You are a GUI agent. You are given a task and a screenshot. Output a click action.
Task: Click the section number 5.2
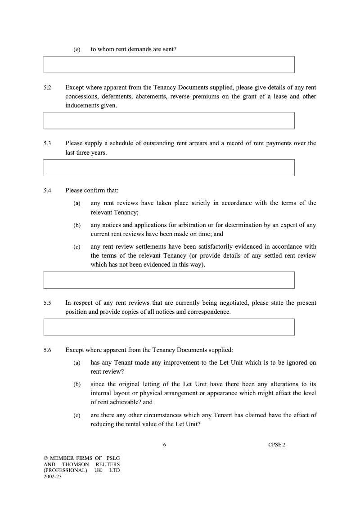[x=47, y=87]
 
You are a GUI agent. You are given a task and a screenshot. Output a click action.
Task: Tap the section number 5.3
[x=47, y=143]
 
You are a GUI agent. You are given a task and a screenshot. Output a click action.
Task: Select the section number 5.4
[x=47, y=191]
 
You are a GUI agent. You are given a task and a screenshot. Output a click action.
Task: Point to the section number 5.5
[x=47, y=303]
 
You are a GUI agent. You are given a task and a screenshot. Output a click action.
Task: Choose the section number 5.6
[x=47, y=350]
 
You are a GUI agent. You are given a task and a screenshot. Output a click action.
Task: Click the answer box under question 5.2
[x=169, y=120]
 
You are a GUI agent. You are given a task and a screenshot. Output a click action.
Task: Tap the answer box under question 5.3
[x=169, y=167]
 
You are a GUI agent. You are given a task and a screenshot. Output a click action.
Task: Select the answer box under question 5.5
[x=169, y=327]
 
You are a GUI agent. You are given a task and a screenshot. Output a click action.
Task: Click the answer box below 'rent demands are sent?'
[x=169, y=64]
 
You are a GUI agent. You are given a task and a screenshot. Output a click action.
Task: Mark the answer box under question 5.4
[x=169, y=280]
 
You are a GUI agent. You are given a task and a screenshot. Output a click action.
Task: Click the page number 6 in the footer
[x=165, y=445]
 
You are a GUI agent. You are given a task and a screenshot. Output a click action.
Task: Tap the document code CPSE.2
[x=277, y=445]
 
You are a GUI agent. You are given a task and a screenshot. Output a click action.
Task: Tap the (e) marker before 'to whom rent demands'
[x=77, y=49]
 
